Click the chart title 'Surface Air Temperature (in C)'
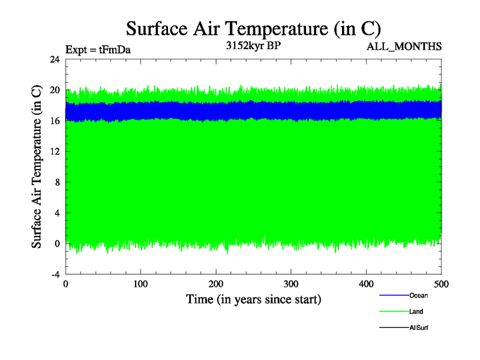253,29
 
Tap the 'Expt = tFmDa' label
98,50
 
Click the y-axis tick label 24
55,59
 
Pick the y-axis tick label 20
55,90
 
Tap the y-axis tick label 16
55,121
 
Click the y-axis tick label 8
57,182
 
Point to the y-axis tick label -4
55,274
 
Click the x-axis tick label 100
140,284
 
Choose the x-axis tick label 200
216,284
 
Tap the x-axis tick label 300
291,284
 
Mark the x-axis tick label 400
366,284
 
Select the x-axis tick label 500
441,284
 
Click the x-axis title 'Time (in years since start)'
253,299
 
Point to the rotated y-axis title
37,167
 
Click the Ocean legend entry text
418,295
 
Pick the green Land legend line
394,311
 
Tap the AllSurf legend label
419,328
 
